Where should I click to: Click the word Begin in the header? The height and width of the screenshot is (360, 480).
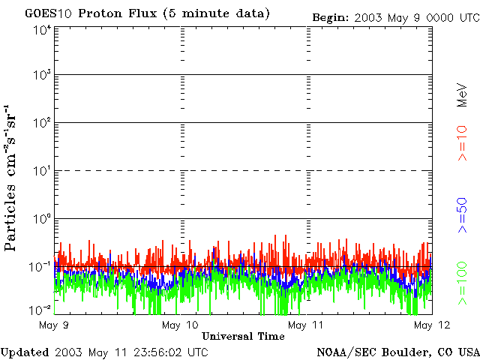coord(330,16)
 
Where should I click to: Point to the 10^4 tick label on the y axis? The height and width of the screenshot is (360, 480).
coord(42,30)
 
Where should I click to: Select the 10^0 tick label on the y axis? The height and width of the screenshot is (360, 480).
coord(42,220)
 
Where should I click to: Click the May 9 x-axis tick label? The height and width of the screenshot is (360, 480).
coord(54,325)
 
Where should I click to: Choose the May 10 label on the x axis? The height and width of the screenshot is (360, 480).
coord(181,325)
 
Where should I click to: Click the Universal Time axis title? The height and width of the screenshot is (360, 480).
coord(243,336)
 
